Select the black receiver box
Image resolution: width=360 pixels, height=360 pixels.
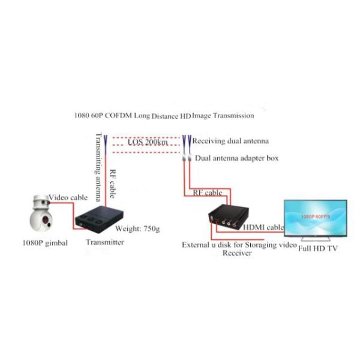[x=224, y=217]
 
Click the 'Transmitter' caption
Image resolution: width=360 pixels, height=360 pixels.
[x=105, y=242]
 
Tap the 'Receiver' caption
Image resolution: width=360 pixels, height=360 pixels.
[x=237, y=253]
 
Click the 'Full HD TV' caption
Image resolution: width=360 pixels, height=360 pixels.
[x=318, y=247]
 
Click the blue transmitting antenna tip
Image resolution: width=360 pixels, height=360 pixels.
[x=106, y=142]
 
